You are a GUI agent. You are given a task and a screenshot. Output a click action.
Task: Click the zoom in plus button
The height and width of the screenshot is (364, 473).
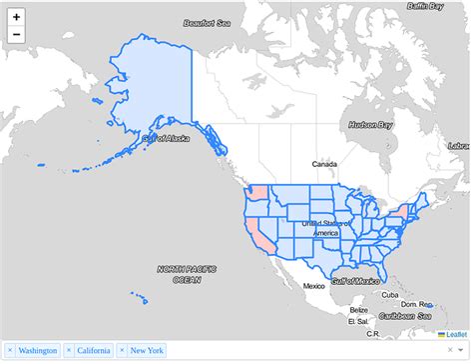coord(16,17)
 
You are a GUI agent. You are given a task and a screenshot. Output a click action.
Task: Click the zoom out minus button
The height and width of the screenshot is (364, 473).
coord(16,36)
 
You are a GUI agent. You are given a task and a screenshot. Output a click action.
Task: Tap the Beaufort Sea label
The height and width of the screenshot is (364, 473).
coord(207,22)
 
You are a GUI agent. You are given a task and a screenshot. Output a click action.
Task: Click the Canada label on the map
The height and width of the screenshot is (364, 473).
coord(325,164)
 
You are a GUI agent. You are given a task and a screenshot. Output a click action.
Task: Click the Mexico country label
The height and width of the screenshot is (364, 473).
coord(314,286)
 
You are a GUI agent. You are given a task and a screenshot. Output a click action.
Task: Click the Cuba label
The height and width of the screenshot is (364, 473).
coord(390,295)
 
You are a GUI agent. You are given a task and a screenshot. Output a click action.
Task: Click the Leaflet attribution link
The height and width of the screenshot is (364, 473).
coord(456,334)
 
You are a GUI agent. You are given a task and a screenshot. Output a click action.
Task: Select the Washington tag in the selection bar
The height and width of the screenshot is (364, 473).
coord(38,351)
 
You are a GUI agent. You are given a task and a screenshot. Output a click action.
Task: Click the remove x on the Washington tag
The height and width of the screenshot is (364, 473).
coord(10,351)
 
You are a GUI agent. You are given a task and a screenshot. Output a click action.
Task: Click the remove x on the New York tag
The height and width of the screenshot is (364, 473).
coord(122,351)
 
